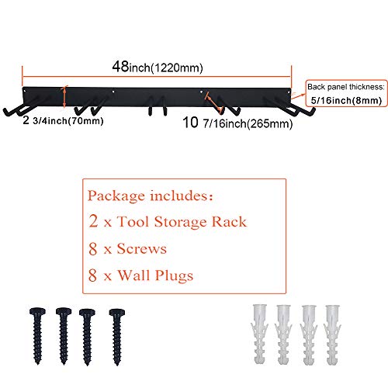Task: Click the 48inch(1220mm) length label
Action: click(158, 67)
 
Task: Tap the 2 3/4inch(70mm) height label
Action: click(63, 120)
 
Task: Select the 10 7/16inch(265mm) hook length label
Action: click(237, 123)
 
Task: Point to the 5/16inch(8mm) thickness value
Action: click(346, 100)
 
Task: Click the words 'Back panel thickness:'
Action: click(346, 87)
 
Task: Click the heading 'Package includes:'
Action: click(151, 196)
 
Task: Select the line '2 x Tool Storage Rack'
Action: click(168, 222)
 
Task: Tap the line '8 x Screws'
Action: click(127, 249)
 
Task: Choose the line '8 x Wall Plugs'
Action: click(140, 275)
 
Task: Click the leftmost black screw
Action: click(38, 336)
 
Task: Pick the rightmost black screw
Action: click(117, 337)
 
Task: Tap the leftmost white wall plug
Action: click(259, 334)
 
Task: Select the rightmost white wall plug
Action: click(332, 335)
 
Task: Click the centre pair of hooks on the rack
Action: click(158, 106)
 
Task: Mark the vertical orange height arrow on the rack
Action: click(64, 97)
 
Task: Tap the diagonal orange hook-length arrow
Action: click(214, 103)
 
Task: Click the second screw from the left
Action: click(64, 336)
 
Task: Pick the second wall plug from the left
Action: click(283, 334)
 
